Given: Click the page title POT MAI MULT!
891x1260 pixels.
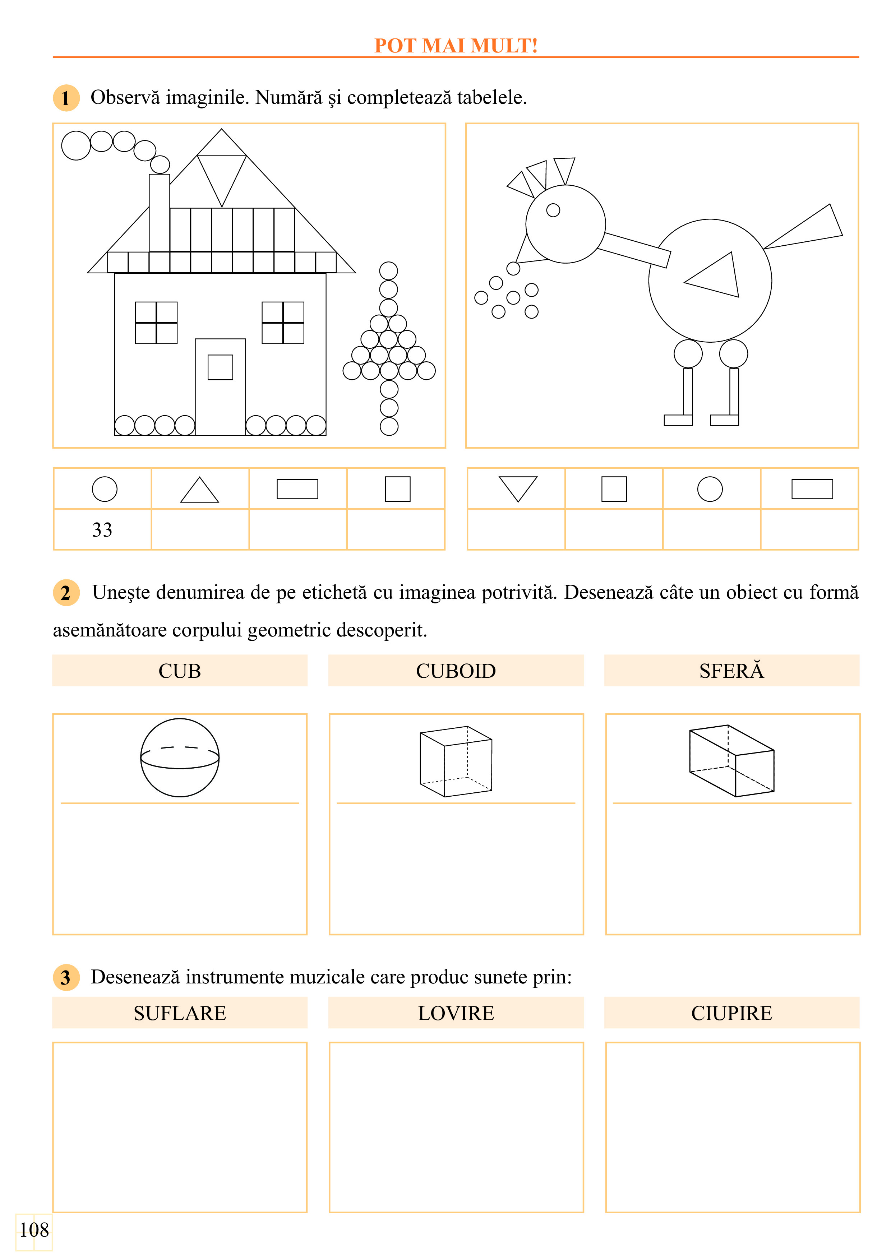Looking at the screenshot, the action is click(x=456, y=46).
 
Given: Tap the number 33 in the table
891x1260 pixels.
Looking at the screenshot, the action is click(x=102, y=529).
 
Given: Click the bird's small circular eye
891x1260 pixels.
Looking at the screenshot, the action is click(x=553, y=210).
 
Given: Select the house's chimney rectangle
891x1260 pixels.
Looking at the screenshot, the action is click(x=159, y=213).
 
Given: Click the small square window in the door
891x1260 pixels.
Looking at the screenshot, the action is click(x=220, y=367).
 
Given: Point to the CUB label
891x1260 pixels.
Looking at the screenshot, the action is click(x=180, y=671).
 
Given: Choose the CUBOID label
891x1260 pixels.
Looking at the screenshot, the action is click(x=456, y=671).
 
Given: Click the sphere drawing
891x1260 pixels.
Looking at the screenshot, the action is click(x=180, y=757).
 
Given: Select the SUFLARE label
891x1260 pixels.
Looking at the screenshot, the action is click(x=180, y=1013).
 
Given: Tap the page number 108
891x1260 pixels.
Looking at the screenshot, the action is click(x=34, y=1230).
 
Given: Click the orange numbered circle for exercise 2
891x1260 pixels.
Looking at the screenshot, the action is click(x=66, y=593).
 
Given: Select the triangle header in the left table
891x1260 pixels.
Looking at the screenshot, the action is click(x=200, y=490).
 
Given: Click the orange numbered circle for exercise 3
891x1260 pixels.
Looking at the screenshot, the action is click(x=66, y=977).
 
